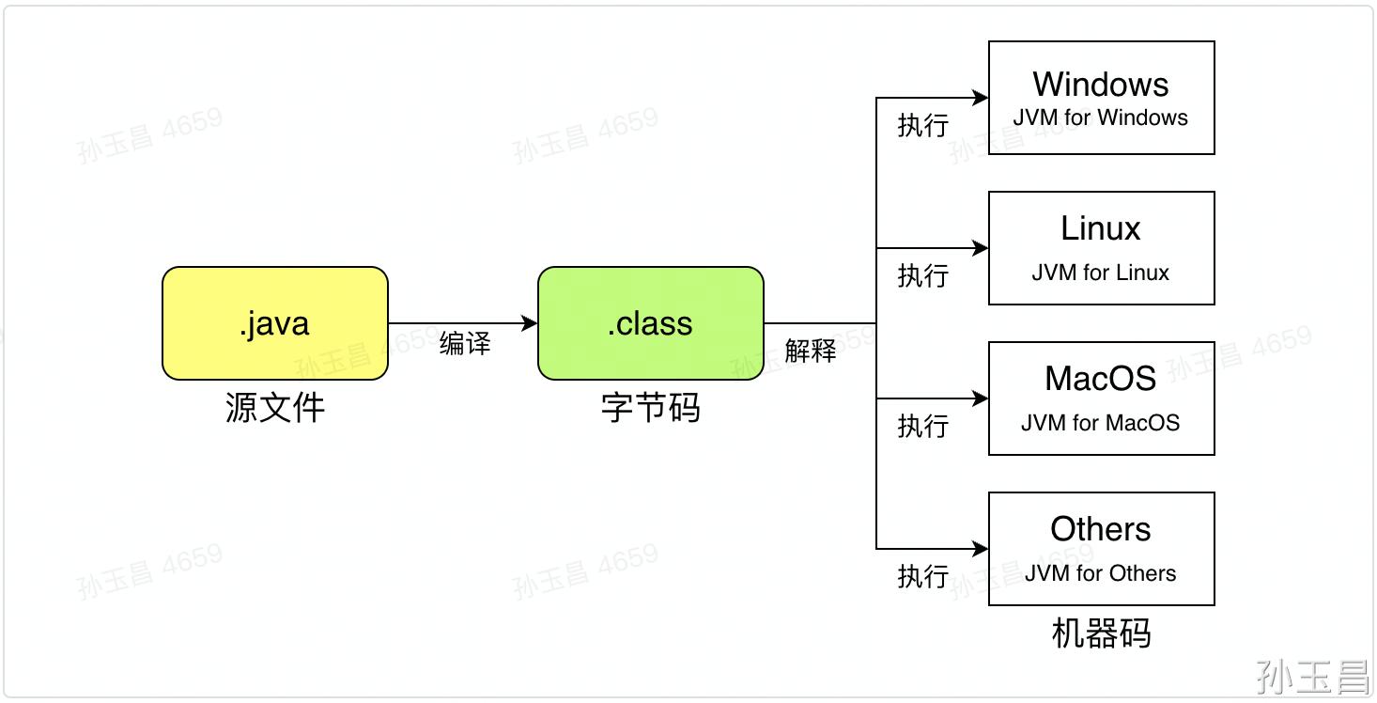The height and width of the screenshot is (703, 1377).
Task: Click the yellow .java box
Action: click(275, 323)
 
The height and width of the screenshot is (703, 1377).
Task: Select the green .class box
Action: click(650, 323)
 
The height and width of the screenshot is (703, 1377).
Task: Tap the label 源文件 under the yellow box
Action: click(275, 408)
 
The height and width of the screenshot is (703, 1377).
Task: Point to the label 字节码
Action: click(650, 408)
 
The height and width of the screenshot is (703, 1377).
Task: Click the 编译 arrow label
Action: click(465, 344)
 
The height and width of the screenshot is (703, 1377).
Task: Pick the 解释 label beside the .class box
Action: click(811, 351)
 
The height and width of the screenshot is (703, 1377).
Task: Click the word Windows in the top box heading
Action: click(1101, 85)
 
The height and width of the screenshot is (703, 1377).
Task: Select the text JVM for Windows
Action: click(1101, 118)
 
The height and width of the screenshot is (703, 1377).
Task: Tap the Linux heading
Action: click(1101, 228)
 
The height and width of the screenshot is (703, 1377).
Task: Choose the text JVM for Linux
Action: click(1101, 273)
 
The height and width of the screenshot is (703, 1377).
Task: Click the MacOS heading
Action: click(1101, 379)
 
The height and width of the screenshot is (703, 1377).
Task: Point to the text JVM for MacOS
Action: click(1101, 423)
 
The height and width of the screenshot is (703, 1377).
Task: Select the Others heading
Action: click(1101, 529)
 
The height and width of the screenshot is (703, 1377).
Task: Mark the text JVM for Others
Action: click(1101, 573)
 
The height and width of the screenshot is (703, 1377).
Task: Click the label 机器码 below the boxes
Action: click(1101, 634)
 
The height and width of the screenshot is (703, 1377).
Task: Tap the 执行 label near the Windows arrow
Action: click(923, 126)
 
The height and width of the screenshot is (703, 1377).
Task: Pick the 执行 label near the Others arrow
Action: click(923, 577)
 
